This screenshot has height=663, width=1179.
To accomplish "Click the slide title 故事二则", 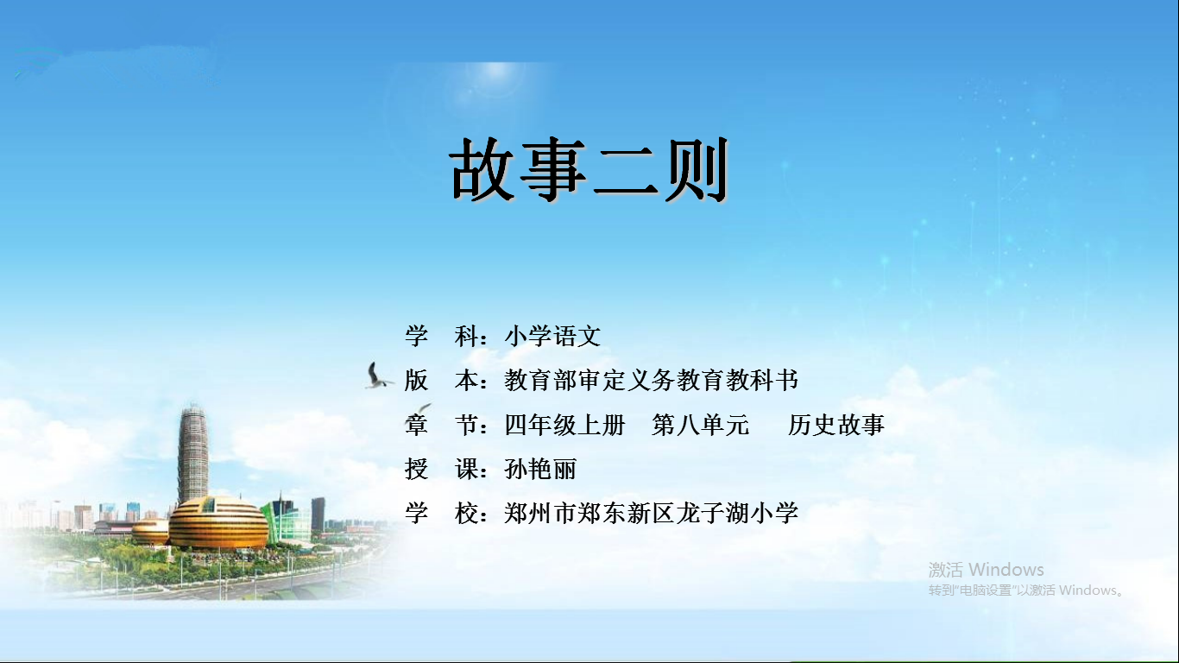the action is coord(589,168).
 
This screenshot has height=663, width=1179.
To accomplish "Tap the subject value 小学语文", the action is coord(552,336).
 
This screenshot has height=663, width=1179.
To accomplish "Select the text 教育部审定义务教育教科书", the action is coord(651,380).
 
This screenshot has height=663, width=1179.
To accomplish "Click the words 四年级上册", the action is coord(564,425).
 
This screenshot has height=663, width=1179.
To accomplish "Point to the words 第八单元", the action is coord(701,425).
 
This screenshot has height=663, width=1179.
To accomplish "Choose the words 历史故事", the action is coord(835,425).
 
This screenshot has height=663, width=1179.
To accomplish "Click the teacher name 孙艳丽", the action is coord(540,469).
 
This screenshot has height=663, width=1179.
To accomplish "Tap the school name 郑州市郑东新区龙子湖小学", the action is coord(651,513).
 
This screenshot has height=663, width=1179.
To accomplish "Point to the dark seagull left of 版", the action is coord(377,376).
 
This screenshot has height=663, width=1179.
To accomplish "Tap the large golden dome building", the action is coord(218,523).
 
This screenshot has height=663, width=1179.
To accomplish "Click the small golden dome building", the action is coord(150,531).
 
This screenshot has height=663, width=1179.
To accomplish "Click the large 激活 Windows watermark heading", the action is coord(986,570).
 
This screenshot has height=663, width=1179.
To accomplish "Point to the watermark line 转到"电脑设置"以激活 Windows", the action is coord(1026,590).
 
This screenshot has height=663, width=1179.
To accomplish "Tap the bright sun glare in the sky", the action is coord(495,73).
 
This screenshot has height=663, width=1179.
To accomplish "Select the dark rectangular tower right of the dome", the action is coord(318,514).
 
